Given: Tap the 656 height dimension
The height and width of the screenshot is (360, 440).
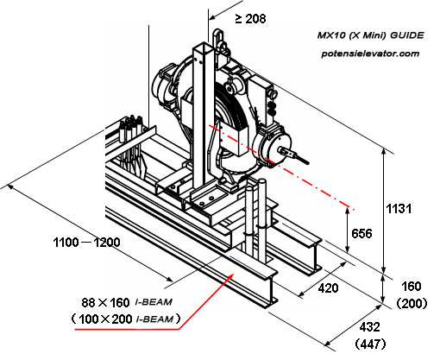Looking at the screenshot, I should pos(361,233).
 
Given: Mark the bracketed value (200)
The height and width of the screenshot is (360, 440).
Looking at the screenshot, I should pos(413,304).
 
